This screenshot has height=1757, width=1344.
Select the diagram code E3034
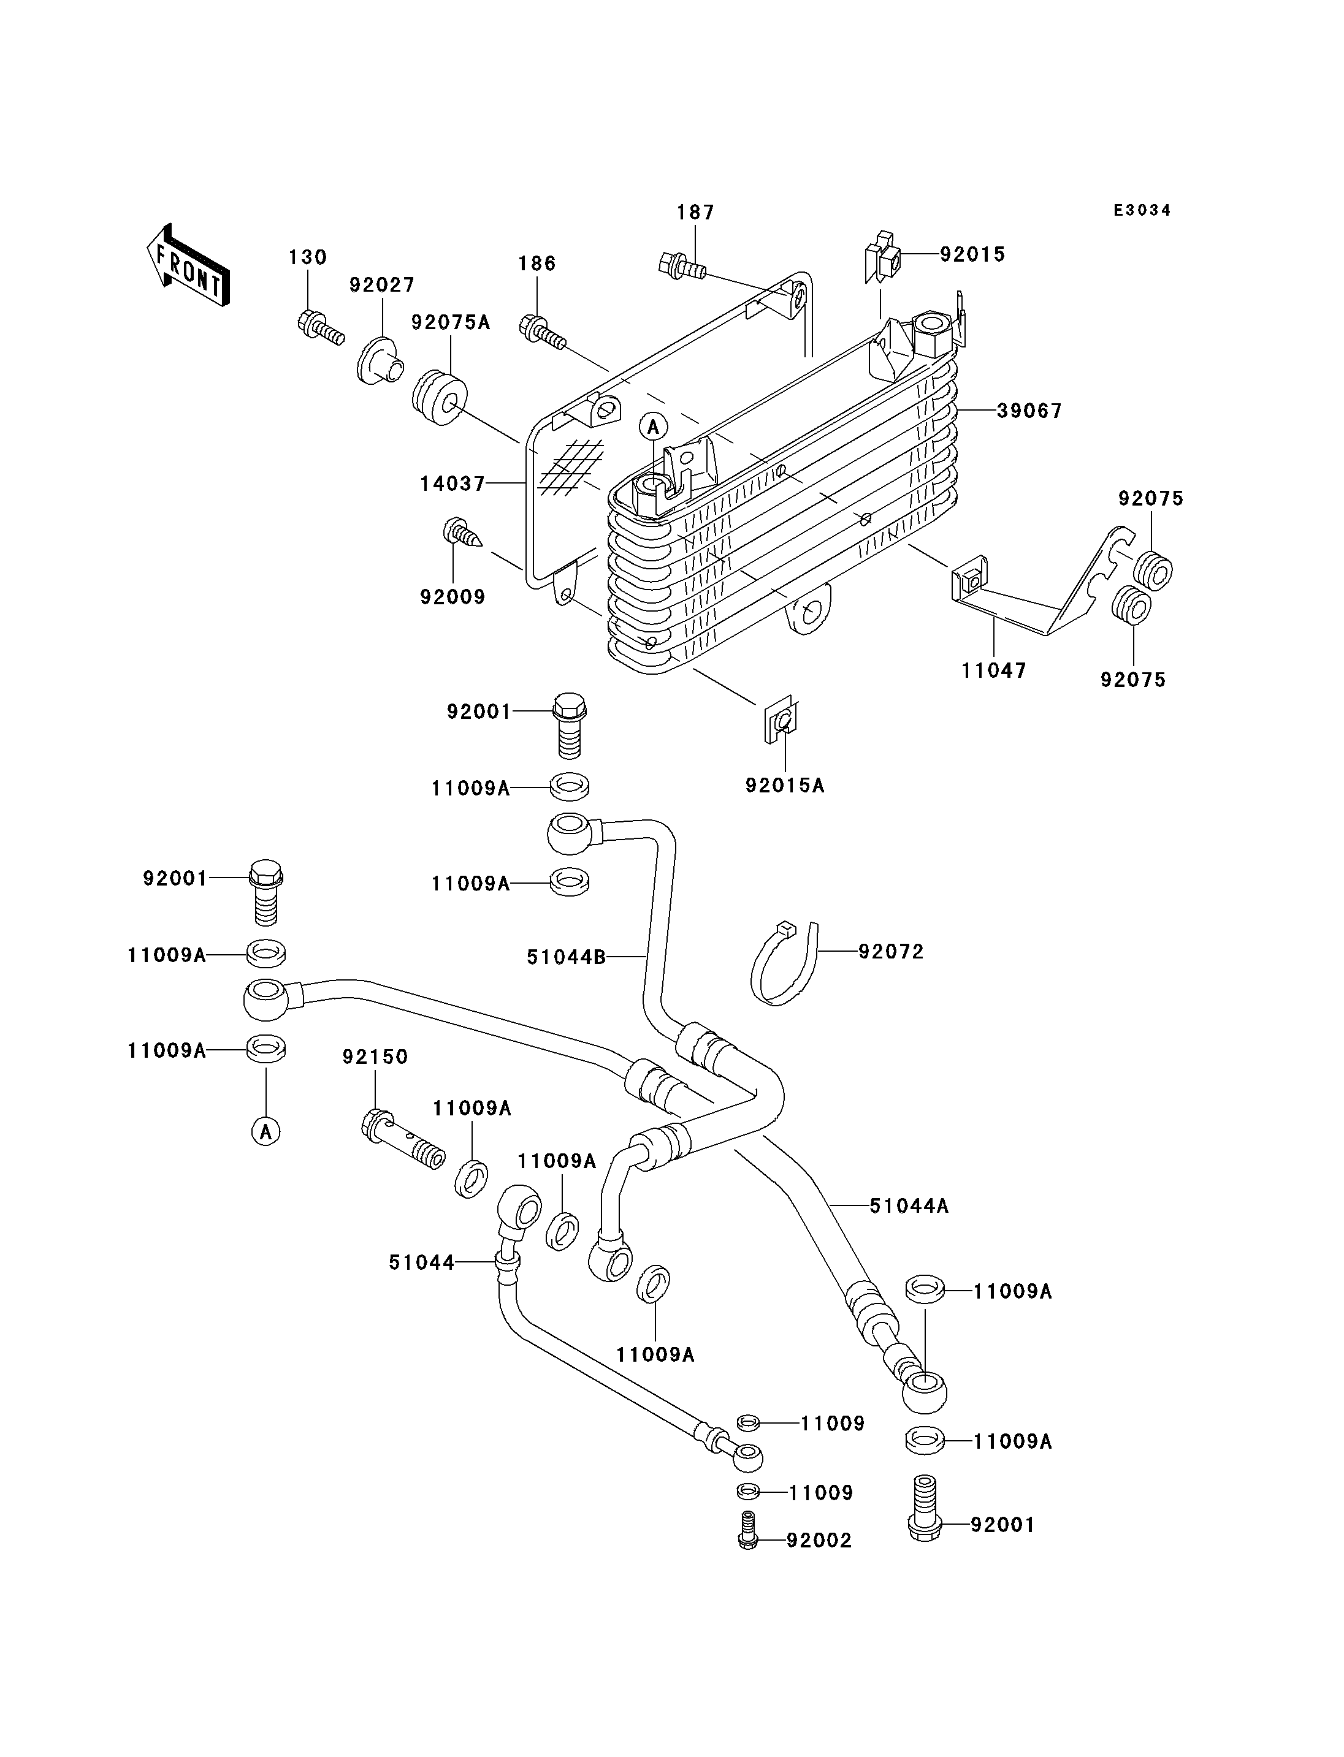pyautogui.click(x=1142, y=210)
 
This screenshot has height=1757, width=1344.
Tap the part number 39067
pyautogui.click(x=1029, y=411)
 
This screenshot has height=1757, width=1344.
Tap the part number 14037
pyautogui.click(x=452, y=484)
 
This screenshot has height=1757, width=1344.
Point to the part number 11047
pyautogui.click(x=994, y=670)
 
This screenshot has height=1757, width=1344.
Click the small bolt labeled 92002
pyautogui.click(x=748, y=1530)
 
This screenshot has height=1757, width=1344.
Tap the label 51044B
pyautogui.click(x=565, y=957)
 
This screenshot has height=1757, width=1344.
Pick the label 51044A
pyautogui.click(x=909, y=1205)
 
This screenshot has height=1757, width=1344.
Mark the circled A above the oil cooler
pyautogui.click(x=654, y=427)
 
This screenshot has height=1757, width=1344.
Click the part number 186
pyautogui.click(x=536, y=264)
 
